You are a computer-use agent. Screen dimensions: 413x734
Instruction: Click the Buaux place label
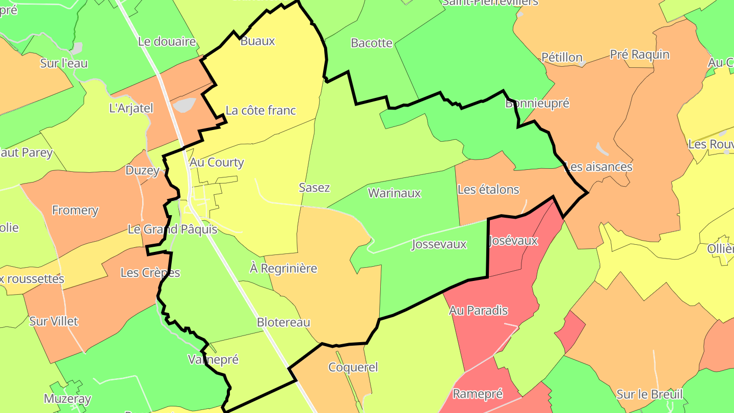(257, 41)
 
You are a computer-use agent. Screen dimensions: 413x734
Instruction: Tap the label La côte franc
(260, 110)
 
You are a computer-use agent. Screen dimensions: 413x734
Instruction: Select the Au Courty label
(217, 163)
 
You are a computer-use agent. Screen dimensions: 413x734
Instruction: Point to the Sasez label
(314, 188)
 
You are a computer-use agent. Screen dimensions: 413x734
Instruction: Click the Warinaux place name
(395, 193)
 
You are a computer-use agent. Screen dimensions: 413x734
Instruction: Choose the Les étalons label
(488, 190)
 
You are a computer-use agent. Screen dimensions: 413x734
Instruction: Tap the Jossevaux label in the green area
(439, 244)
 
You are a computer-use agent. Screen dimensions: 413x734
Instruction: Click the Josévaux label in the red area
(513, 241)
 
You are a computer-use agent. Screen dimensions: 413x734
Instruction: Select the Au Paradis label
(478, 310)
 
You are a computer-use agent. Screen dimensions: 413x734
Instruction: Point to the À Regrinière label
(283, 268)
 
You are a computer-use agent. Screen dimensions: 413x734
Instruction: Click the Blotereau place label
(283, 322)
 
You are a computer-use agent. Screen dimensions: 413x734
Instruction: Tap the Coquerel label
(353, 367)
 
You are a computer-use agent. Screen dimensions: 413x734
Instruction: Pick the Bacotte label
(372, 43)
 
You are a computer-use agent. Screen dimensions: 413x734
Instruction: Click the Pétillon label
(562, 57)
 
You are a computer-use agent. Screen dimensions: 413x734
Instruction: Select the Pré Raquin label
(640, 55)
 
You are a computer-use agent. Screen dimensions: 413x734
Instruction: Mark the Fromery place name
(75, 210)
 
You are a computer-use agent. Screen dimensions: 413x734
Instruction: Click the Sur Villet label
(54, 321)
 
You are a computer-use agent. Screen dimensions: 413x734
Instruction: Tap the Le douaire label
(167, 42)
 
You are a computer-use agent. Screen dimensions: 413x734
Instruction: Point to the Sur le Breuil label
(649, 394)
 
